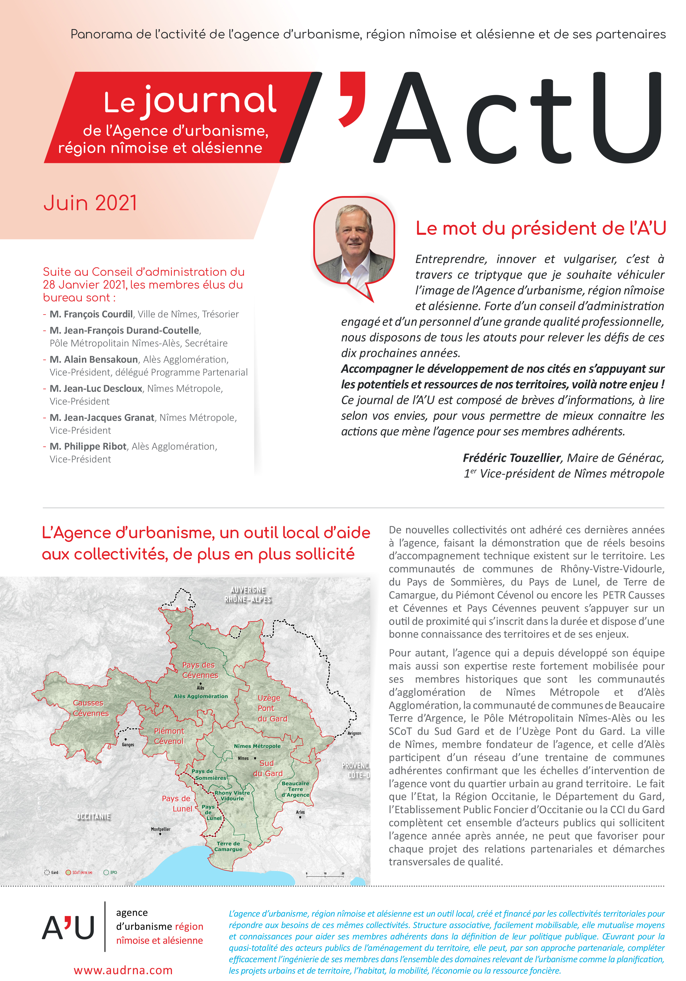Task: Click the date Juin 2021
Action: click(x=90, y=203)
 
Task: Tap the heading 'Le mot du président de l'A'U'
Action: click(x=541, y=228)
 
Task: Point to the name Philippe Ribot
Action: click(x=88, y=446)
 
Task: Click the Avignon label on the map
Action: click(x=354, y=733)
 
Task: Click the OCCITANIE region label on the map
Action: click(x=93, y=817)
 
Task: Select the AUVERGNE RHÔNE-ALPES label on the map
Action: click(x=248, y=595)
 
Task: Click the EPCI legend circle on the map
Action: click(x=106, y=872)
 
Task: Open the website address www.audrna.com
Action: click(x=123, y=970)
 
